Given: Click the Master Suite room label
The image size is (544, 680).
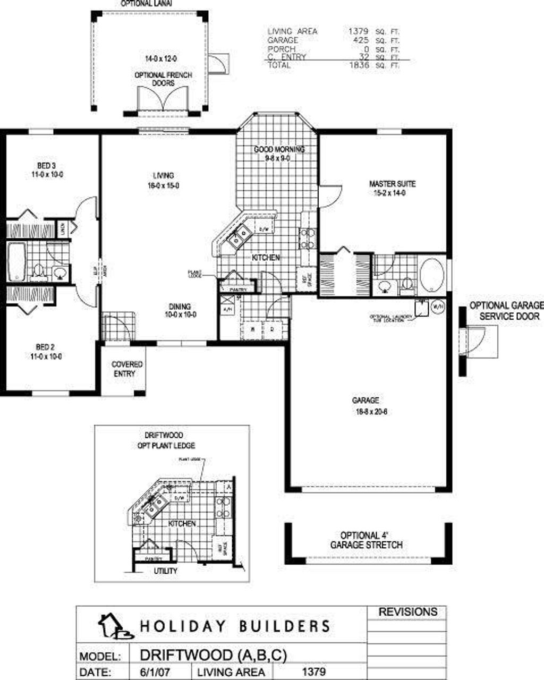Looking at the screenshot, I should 392,189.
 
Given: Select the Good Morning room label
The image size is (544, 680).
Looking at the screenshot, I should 279,154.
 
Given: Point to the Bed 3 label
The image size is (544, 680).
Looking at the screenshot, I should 47,169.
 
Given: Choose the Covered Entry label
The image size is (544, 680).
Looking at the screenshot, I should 127,369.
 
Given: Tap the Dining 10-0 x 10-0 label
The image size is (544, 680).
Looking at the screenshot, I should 180,310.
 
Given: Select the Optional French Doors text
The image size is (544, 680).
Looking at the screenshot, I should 163,79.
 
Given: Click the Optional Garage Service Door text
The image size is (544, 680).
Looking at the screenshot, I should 506,311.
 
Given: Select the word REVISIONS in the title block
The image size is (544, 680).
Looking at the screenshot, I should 407,612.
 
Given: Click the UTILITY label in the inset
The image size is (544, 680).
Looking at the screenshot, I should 165,571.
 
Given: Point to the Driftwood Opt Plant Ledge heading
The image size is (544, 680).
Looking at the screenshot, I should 163,440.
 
